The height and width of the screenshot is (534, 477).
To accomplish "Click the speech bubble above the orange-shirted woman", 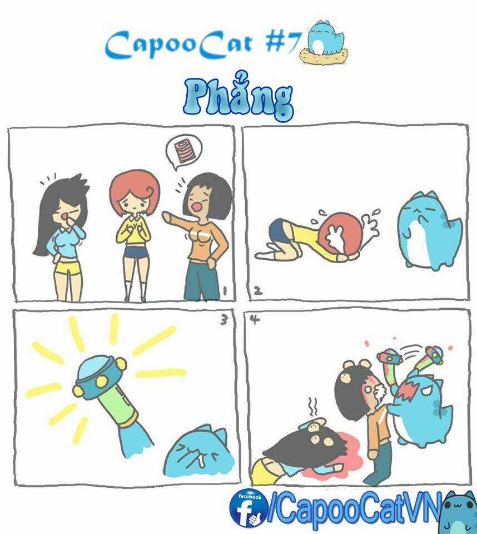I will tap(184, 151).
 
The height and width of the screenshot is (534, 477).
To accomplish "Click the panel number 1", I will tap(224, 291).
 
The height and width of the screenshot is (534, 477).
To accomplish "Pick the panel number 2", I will tap(258, 290).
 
